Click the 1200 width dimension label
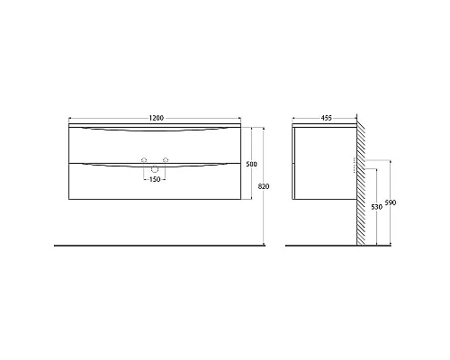point(155,119)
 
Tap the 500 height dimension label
point(251,164)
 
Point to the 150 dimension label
point(154,178)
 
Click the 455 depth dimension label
point(325,119)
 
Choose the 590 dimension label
point(390,202)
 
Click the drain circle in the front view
point(154,168)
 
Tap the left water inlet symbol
point(143,161)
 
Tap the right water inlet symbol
point(165,161)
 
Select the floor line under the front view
point(135,245)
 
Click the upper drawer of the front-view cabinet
point(108,144)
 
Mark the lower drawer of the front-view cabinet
point(108,184)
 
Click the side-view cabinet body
point(324,166)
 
